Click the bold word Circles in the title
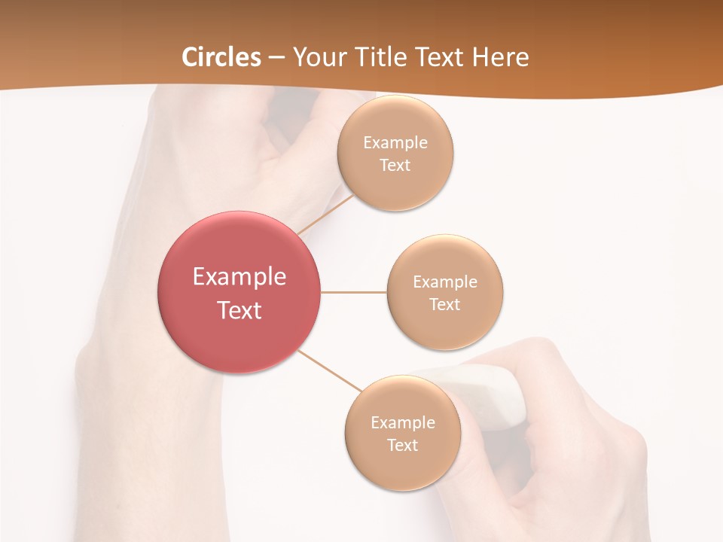221,56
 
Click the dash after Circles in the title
276,58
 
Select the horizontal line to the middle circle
354,292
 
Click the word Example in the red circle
239,277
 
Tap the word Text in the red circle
239,310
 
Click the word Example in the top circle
395,143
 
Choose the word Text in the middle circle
444,305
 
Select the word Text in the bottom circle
402,446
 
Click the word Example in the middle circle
444,282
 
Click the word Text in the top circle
395,166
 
